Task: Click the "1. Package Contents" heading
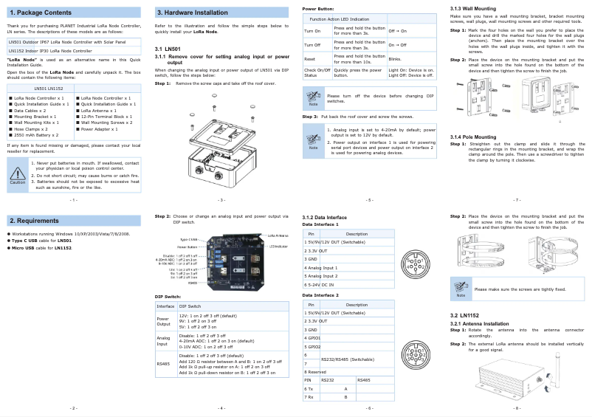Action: tap(40, 13)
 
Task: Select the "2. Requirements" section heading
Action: tap(35, 221)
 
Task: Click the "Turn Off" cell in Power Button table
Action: tap(313, 45)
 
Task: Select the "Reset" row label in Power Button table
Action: tap(311, 58)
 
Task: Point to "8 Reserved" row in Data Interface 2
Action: tap(317, 373)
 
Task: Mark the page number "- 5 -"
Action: tap(369, 200)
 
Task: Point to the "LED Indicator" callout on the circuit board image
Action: tap(278, 247)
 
